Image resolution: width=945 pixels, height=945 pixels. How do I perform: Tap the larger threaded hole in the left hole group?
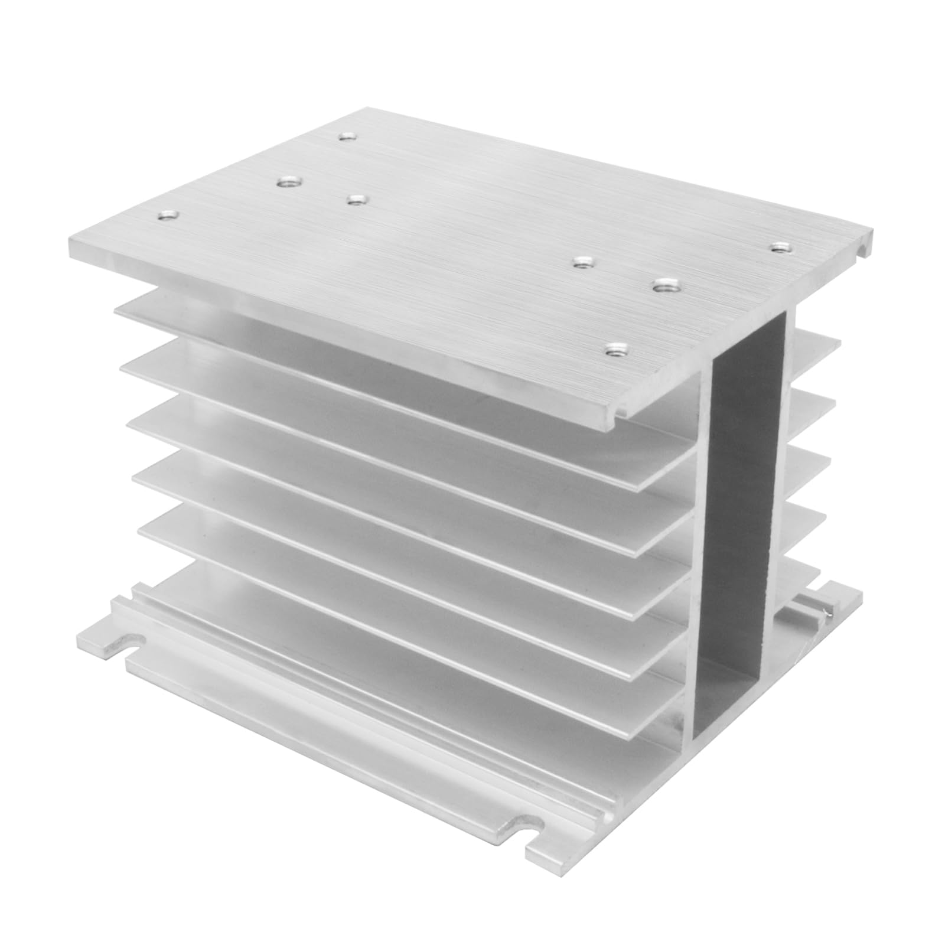(x=288, y=183)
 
